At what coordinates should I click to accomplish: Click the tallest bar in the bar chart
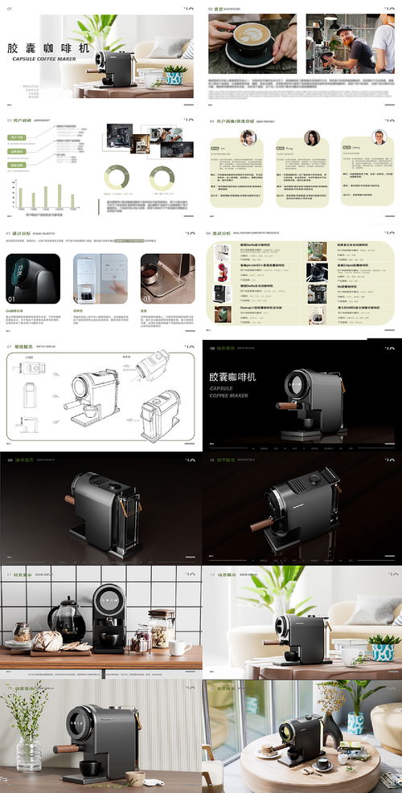click(59, 195)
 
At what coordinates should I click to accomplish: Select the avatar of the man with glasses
click(379, 137)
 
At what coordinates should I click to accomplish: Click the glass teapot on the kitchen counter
click(66, 620)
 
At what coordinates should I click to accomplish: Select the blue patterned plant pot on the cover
click(174, 77)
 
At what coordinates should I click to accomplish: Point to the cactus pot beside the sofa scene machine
click(383, 648)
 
